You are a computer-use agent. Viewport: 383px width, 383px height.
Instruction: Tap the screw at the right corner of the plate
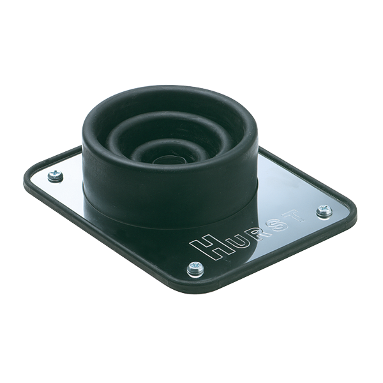click(324, 211)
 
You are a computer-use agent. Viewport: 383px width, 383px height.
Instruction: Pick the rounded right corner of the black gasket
click(352, 214)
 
